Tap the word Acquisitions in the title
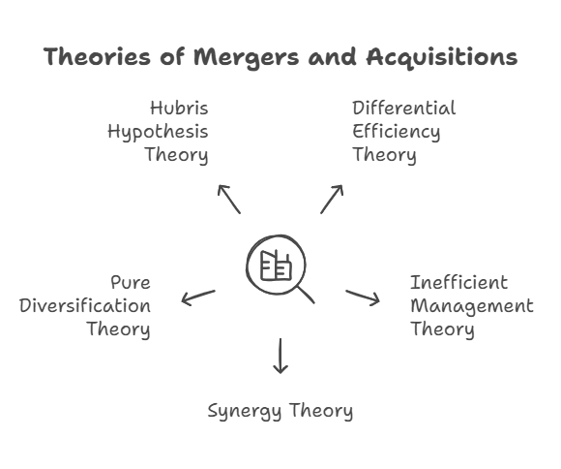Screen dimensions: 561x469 442,57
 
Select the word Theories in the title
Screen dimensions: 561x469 97,56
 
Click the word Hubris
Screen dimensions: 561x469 179,108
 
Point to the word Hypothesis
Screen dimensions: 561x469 158,133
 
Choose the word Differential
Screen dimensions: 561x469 404,108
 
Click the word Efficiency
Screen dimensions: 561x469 397,133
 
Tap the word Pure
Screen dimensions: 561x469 131,283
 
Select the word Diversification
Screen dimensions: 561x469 85,306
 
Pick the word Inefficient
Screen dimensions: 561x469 459,283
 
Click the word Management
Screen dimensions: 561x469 472,307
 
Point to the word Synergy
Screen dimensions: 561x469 245,412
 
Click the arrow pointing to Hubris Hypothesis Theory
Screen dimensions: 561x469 229,199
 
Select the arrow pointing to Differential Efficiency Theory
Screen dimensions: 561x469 332,199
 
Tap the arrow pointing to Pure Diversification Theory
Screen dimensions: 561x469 198,297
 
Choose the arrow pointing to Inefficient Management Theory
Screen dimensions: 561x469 363,297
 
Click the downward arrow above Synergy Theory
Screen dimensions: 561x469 280,356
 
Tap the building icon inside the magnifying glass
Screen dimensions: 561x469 276,266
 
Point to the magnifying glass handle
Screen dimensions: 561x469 306,296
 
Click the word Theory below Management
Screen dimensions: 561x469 442,329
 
